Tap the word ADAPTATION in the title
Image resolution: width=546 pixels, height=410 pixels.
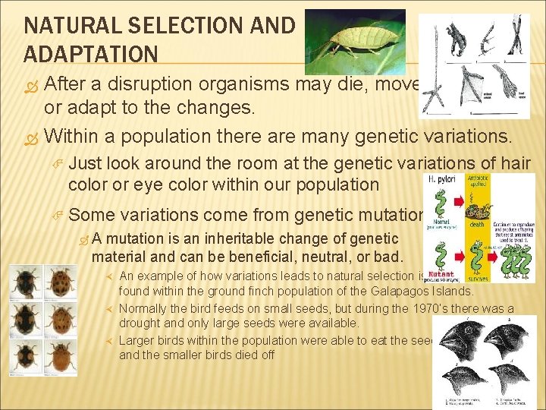pyautogui.click(x=91, y=55)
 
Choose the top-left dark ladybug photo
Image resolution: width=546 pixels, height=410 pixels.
pyautogui.click(x=25, y=280)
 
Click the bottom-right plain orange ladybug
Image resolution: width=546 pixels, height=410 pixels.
pyautogui.click(x=60, y=355)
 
